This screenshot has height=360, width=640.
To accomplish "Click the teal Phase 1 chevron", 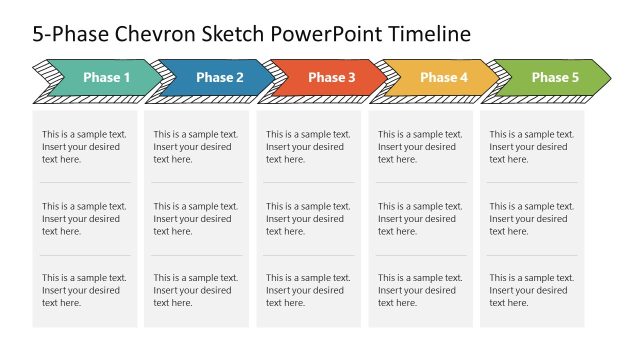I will click(106, 78).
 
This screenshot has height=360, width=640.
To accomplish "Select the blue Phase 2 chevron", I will click(219, 78).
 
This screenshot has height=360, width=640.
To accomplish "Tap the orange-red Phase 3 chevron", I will click(331, 78).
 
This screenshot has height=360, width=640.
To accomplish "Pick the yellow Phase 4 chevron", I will click(443, 78).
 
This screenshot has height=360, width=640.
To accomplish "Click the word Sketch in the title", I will click(231, 34).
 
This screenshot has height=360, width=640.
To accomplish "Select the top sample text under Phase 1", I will click(84, 147).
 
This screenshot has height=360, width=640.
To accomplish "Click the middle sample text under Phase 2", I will click(196, 219).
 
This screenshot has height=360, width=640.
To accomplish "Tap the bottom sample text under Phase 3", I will click(308, 290).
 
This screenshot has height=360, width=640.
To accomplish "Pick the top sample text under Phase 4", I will click(420, 147).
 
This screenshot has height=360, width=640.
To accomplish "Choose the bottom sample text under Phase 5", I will click(532, 290).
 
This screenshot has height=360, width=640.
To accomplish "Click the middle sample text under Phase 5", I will click(532, 219).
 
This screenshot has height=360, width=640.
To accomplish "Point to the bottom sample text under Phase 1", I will click(84, 290).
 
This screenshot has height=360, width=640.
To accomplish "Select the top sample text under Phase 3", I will click(308, 147).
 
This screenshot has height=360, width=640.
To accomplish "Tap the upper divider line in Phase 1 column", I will click(85, 183).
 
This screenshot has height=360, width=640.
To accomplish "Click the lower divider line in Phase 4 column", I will click(421, 255).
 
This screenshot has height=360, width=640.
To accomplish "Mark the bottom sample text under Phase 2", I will click(196, 290).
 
